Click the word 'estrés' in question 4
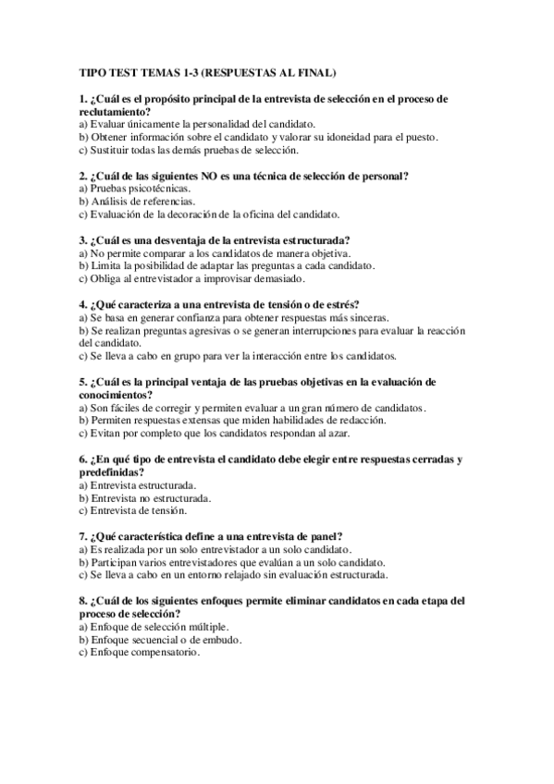click(x=341, y=304)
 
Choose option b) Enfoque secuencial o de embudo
click(x=162, y=638)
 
